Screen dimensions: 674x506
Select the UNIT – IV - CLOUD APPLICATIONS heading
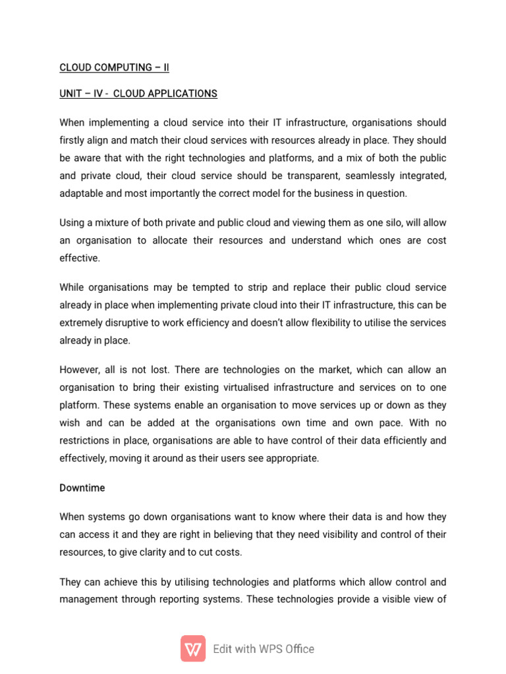pos(138,93)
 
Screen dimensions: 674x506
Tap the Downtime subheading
pos(82,488)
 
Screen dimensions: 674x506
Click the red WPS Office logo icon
pos(193,648)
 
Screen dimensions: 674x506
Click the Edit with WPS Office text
pos(264,649)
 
